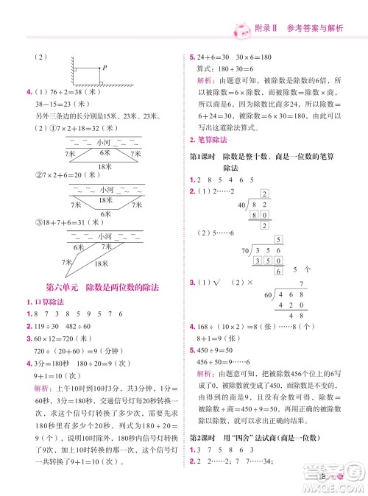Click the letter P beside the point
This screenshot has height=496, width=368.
tap(105, 68)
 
